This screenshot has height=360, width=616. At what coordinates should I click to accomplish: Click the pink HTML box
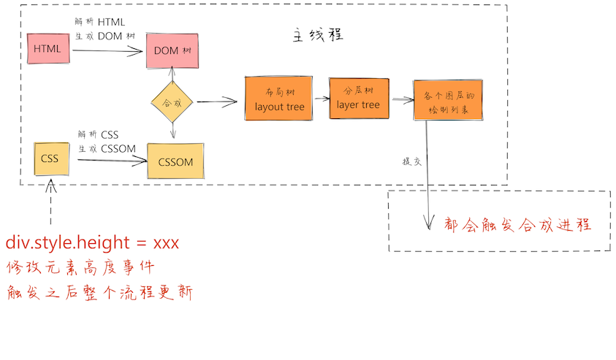[x=47, y=49]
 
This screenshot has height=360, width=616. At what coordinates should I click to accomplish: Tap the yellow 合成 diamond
[x=172, y=102]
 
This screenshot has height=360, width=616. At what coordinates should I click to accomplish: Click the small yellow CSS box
[x=50, y=158]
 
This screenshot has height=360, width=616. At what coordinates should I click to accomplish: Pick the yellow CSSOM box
[x=175, y=161]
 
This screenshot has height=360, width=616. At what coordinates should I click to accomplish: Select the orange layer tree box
[x=358, y=99]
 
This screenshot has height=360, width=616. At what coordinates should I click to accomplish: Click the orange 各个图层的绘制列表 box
[x=447, y=100]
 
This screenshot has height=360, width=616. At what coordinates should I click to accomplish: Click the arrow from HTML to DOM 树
[x=107, y=50]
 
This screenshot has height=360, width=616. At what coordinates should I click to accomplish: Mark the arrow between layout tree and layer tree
[x=321, y=97]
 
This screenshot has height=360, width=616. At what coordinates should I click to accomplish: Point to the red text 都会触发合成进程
[x=516, y=224]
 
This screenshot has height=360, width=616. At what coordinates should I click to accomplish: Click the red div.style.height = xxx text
[x=92, y=242]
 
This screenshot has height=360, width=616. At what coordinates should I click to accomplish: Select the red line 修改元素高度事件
[x=80, y=267]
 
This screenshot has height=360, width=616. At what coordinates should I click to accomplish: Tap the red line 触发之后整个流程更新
[x=99, y=293]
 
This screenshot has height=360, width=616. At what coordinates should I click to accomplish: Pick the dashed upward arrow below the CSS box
[x=50, y=202]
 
